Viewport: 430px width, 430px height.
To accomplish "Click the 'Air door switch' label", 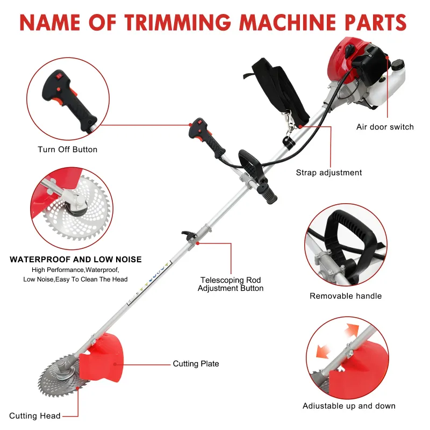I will click(x=385, y=127).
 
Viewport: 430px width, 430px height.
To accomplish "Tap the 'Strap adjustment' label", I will click(x=329, y=173).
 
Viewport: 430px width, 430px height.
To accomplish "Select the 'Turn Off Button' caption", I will click(x=67, y=149).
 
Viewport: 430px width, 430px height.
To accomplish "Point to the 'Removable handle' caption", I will click(x=346, y=296).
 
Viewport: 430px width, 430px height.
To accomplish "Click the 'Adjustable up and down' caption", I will click(x=349, y=406).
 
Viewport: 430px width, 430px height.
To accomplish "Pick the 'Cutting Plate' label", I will click(x=196, y=364).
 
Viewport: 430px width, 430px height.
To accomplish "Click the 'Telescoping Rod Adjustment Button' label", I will click(x=231, y=284).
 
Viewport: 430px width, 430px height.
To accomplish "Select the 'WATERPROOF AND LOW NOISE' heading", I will click(x=76, y=260).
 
